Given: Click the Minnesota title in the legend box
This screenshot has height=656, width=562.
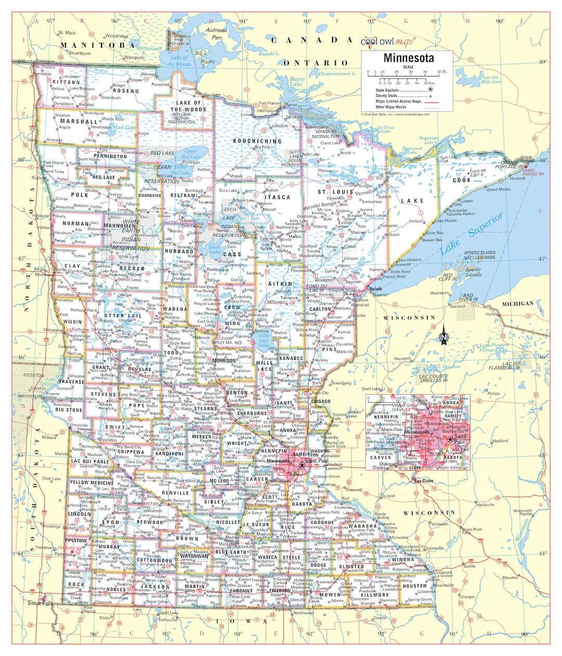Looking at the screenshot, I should tap(408, 58).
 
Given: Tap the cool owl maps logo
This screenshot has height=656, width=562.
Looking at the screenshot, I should tap(386, 41).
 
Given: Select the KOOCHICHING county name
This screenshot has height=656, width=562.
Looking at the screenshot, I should tap(257, 141).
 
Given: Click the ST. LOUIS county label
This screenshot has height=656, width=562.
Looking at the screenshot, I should tap(335, 192).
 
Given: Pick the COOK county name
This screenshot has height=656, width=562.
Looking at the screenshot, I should tap(461, 180).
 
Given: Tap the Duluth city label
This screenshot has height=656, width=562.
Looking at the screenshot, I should tap(375, 288).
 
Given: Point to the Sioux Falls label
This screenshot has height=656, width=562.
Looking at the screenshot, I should tap(41, 603).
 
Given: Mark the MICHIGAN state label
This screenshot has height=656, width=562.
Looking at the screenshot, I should tap(517, 304).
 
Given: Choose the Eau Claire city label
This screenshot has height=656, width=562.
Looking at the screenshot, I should tap(424, 481).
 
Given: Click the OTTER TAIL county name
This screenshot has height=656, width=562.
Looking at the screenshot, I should tap(123, 316).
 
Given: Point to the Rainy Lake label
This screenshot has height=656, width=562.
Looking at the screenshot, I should tap(296, 81).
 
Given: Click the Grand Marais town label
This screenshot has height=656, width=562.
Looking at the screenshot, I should tap(498, 190).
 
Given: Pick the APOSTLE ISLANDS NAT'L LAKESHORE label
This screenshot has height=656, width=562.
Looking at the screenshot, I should tap(479, 255).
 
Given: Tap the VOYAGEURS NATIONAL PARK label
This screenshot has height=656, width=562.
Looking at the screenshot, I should tap(326, 134).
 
